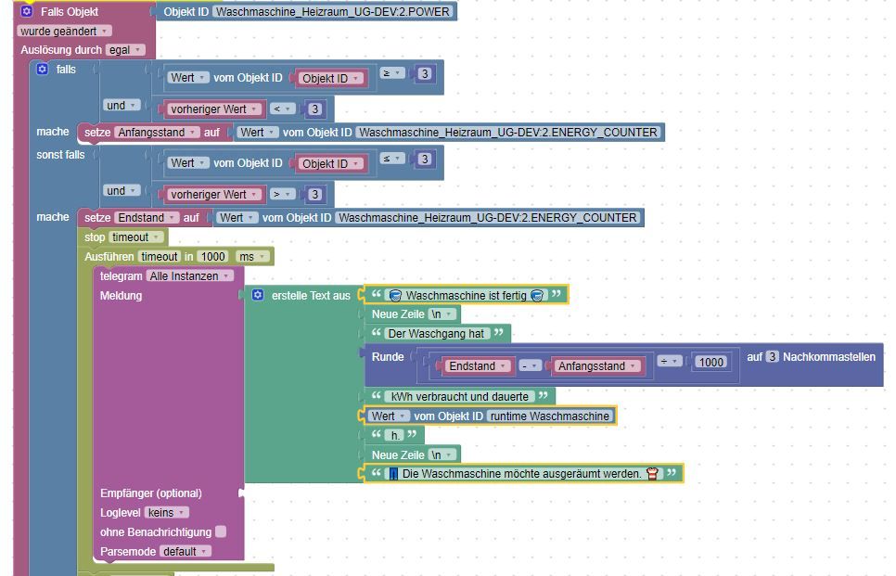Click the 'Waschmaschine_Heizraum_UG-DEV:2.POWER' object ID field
332,12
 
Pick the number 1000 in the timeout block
212,256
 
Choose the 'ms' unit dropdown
249,256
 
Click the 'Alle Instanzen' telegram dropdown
190,275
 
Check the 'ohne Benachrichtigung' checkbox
221,531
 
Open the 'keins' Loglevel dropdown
168,512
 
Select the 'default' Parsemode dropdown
185,551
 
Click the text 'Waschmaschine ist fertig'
465,295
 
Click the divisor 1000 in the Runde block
710,362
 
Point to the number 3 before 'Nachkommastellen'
772,357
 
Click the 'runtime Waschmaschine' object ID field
548,416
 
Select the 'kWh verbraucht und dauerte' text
460,396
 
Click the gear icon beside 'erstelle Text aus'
258,295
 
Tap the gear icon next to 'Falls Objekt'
27,12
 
